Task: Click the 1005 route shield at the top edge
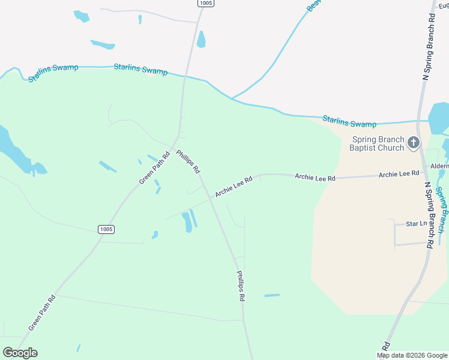206,3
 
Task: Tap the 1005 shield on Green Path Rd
106,229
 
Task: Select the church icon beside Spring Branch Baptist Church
413,142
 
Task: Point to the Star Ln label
416,224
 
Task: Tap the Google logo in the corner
20,353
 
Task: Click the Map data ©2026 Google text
412,355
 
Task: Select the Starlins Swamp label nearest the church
349,121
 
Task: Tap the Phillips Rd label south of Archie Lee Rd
241,286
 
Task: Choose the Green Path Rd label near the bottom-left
42,312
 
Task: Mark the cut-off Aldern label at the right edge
439,166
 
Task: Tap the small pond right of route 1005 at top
200,40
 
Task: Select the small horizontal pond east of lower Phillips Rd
272,295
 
